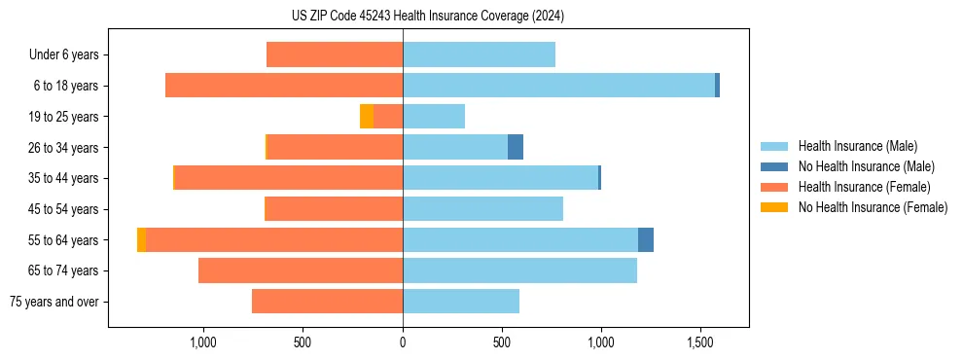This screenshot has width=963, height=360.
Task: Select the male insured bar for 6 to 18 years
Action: point(558,86)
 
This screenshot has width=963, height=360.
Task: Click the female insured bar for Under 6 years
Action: point(335,54)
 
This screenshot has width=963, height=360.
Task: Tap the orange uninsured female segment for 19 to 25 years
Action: point(367,117)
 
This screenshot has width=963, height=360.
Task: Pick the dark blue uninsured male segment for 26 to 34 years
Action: point(516,147)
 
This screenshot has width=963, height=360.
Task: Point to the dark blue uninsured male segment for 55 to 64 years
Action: point(646,239)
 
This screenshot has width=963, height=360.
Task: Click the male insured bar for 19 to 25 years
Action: point(434,117)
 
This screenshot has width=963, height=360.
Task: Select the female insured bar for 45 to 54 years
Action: point(334,209)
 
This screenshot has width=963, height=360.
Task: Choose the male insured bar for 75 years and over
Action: point(461,302)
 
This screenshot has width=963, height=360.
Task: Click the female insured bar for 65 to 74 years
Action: point(301,270)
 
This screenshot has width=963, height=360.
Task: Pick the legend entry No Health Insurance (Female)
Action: point(873,207)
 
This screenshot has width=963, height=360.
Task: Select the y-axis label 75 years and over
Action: point(54,302)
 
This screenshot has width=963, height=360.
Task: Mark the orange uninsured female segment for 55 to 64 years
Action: point(142,239)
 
